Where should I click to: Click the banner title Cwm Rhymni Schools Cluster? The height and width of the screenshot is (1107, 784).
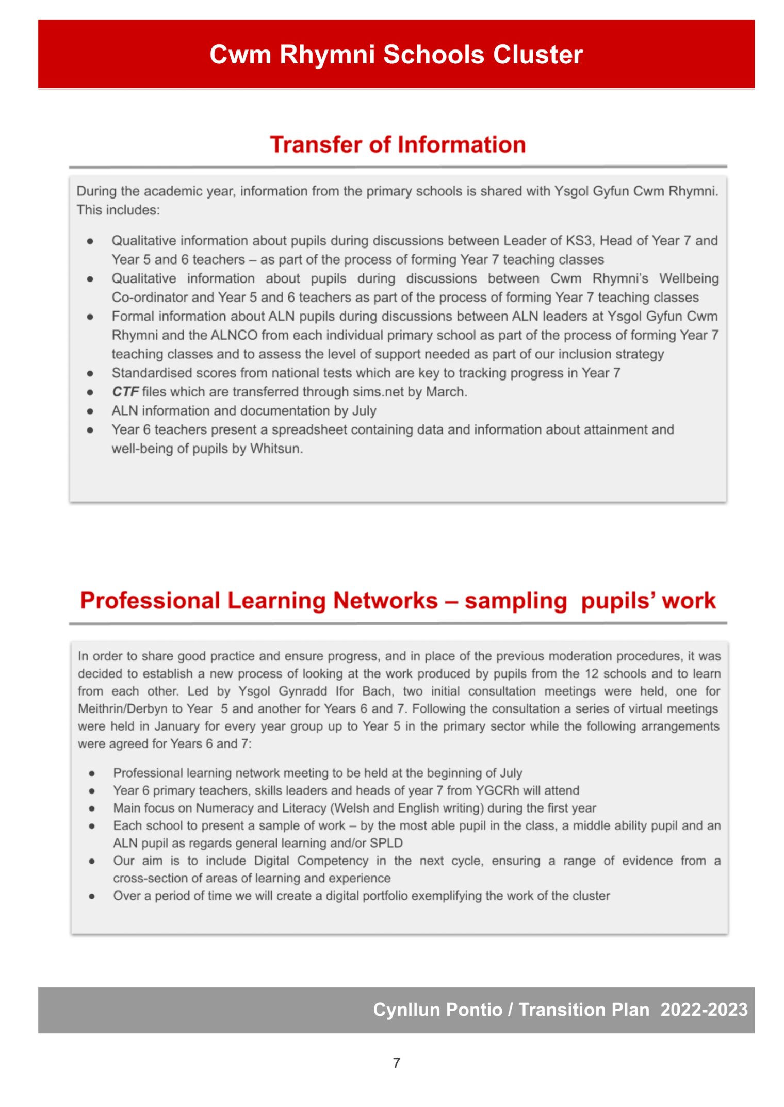pyautogui.click(x=396, y=55)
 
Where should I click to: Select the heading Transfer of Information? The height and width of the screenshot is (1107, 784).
pyautogui.click(x=398, y=144)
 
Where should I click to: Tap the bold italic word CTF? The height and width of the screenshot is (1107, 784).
pyautogui.click(x=125, y=392)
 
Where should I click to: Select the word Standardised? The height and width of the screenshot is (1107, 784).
pyautogui.click(x=148, y=373)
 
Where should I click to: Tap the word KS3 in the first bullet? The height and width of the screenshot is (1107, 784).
pyautogui.click(x=578, y=241)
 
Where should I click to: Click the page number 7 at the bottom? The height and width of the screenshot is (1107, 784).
pyautogui.click(x=396, y=1063)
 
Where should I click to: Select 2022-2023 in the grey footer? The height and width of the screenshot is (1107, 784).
pyautogui.click(x=704, y=1010)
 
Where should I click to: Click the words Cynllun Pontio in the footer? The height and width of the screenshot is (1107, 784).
pyautogui.click(x=437, y=1010)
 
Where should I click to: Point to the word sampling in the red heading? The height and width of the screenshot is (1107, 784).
pyautogui.click(x=515, y=601)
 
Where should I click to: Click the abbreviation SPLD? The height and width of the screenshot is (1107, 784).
pyautogui.click(x=386, y=843)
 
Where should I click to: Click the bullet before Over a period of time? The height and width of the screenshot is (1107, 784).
pyautogui.click(x=92, y=896)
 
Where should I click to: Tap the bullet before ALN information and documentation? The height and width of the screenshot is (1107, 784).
pyautogui.click(x=90, y=411)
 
